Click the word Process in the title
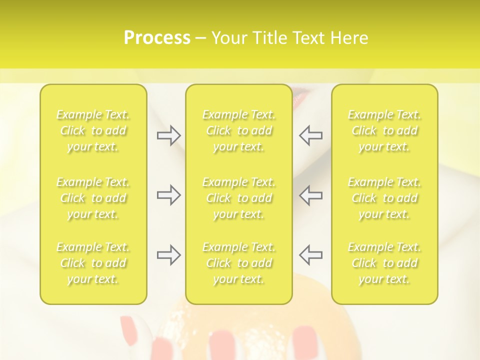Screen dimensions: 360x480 coord(157,38)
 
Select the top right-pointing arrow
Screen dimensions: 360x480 coord(168,135)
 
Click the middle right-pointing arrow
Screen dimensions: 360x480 coord(168,195)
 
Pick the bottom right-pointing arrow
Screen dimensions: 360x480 coord(168,255)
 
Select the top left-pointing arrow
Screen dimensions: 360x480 coord(310,135)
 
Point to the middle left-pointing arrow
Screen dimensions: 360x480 coord(310,195)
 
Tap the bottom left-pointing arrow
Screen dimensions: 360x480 coord(310,255)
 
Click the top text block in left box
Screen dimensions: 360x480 coord(93,130)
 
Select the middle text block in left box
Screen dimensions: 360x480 coord(93,198)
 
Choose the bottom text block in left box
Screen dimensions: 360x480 coord(93,263)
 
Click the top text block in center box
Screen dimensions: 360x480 coord(239,130)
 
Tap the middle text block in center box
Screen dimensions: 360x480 coord(239,198)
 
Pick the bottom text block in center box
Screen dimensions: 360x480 coord(239,263)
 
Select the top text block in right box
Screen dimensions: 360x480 coord(384,130)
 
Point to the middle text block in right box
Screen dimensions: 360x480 coord(384,198)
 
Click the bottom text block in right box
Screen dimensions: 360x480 coord(384,263)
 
